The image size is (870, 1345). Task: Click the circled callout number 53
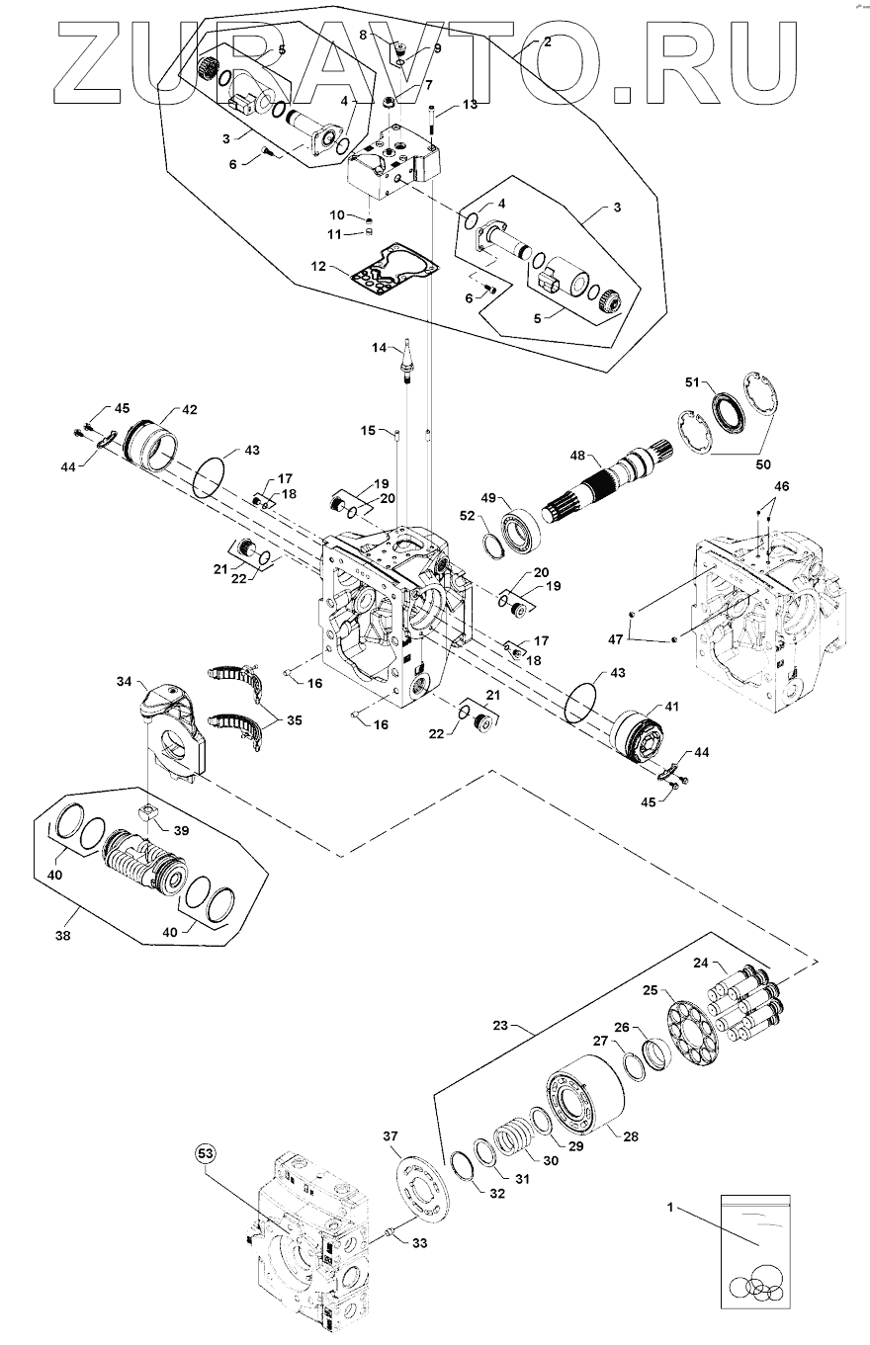coord(206,1153)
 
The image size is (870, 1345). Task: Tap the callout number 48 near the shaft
coord(577,456)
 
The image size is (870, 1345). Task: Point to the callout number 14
coord(379,347)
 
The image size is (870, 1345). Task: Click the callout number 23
coord(500,1026)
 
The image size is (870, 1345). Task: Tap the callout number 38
coord(62,936)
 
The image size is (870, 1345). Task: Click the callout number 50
coord(762,464)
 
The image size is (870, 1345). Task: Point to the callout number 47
coord(616,640)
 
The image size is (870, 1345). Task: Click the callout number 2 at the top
coord(548,42)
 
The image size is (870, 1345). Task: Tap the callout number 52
coord(467,515)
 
